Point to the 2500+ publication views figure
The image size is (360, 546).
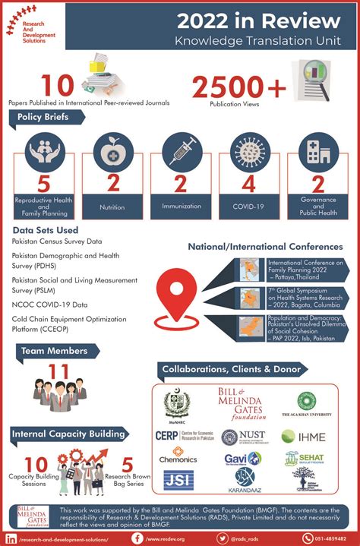coord(238,88)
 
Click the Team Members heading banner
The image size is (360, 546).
coord(50,352)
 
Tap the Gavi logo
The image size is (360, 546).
coord(242,459)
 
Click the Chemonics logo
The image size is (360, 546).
coord(178,459)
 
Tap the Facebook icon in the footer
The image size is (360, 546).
coord(138,537)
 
